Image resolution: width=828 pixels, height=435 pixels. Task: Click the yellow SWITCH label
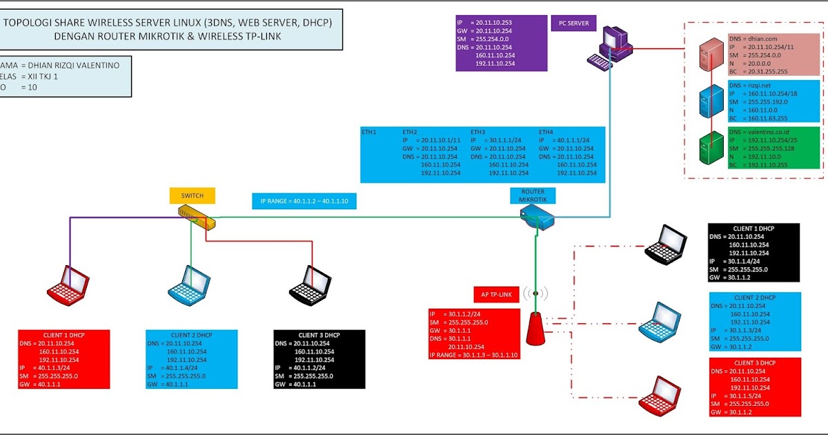pyautogui.click(x=192, y=195)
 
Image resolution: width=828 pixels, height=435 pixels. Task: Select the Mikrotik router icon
pyautogui.click(x=537, y=220)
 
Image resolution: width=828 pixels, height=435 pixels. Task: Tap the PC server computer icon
pyautogui.click(x=607, y=47)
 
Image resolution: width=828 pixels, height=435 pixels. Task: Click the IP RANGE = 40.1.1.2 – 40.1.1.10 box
pyautogui.click(x=305, y=202)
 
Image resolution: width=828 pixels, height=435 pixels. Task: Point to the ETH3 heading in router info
pyautogui.click(x=478, y=131)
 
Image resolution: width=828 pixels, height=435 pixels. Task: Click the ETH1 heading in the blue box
pyautogui.click(x=369, y=131)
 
